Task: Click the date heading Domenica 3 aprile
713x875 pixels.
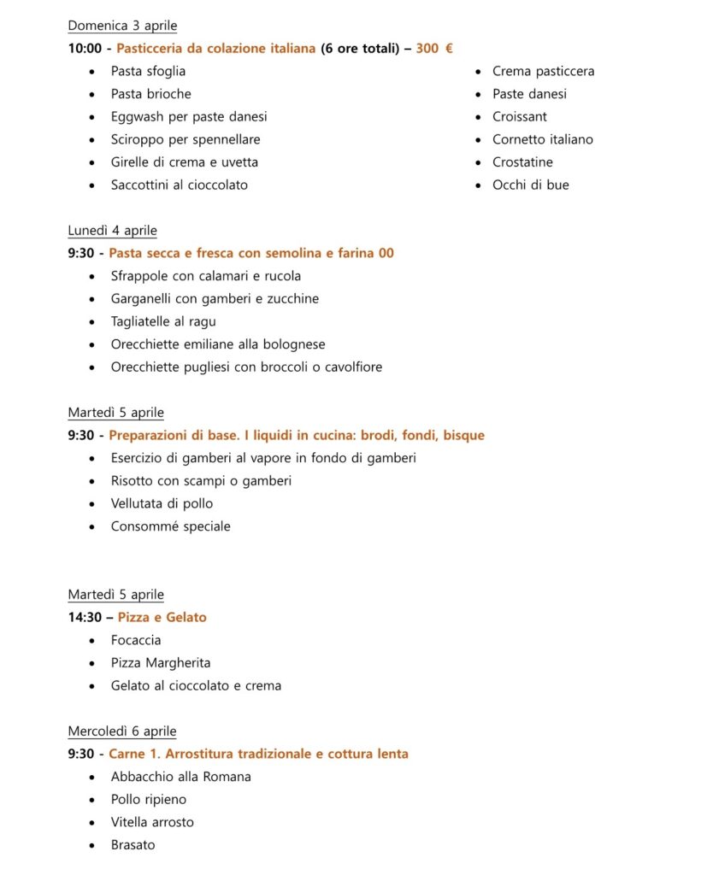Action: click(x=122, y=26)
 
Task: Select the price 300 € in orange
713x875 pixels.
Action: click(x=434, y=49)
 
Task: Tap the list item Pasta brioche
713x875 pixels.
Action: click(x=150, y=94)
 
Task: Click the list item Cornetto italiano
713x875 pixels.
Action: click(x=542, y=139)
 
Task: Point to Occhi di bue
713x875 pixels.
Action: click(x=530, y=185)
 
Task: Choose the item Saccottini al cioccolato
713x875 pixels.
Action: click(x=179, y=185)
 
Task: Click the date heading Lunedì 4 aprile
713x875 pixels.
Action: click(x=112, y=231)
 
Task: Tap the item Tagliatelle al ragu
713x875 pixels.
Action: click(x=162, y=321)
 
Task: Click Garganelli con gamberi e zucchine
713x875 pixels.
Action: click(x=215, y=299)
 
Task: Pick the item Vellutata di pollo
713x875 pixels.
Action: click(x=162, y=503)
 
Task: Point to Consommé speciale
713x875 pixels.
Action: click(x=170, y=526)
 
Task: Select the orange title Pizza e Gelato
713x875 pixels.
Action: click(x=162, y=617)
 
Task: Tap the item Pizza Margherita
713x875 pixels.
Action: click(x=160, y=663)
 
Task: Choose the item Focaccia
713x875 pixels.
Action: click(x=135, y=640)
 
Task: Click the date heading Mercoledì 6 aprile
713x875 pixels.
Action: click(x=122, y=731)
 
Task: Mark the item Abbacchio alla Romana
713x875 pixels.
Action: click(x=180, y=777)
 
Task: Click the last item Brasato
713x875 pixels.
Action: click(x=133, y=845)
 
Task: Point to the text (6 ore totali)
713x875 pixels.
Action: click(x=362, y=49)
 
